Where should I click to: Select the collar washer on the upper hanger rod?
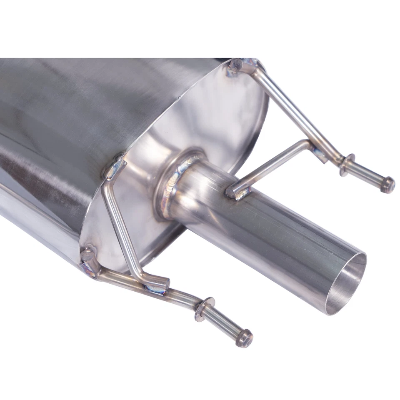(x=346, y=164)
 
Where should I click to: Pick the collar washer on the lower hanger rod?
(x=205, y=309)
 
